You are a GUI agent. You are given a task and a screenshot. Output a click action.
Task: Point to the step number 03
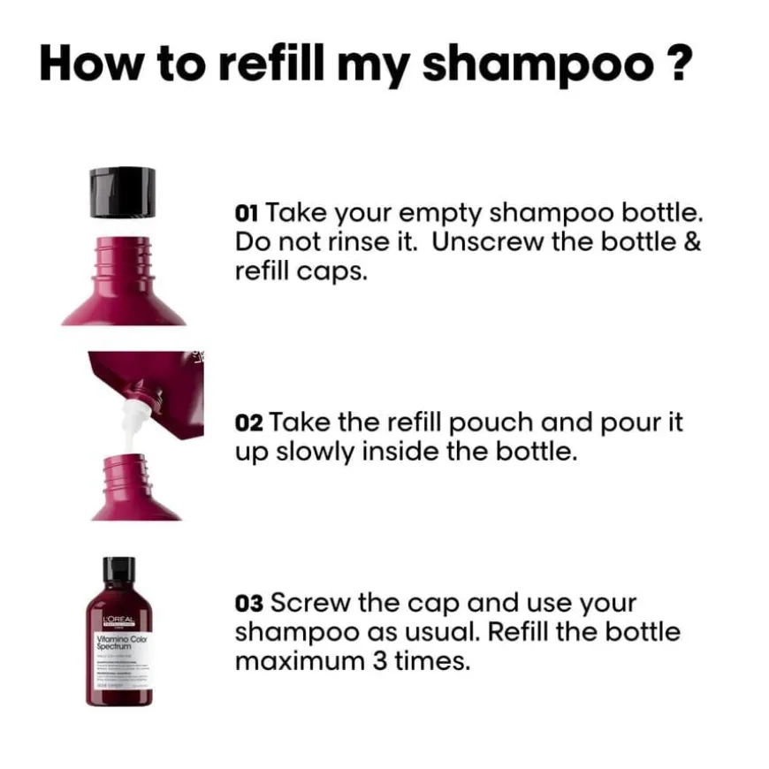248,604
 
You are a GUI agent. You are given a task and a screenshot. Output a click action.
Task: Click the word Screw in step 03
310,604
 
